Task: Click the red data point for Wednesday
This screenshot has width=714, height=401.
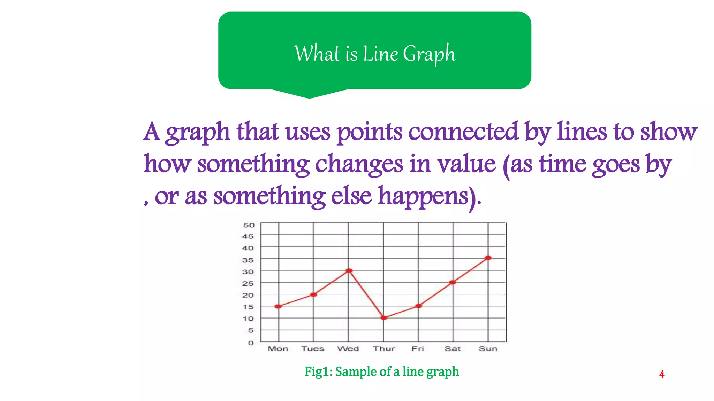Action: tap(349, 270)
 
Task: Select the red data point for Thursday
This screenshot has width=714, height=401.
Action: tap(384, 318)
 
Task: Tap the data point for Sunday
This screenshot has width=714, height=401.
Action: tap(488, 258)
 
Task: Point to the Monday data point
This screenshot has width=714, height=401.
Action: tap(278, 306)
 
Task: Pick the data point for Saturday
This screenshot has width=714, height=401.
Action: tap(453, 282)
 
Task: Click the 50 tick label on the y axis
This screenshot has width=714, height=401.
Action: tap(249, 225)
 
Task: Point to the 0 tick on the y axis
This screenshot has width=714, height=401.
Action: tap(251, 343)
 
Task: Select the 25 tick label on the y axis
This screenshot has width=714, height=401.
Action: tap(248, 283)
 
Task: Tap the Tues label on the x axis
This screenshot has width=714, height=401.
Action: tap(313, 349)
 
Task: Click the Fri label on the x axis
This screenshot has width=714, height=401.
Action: tap(418, 349)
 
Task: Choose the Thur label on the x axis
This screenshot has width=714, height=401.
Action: tap(384, 349)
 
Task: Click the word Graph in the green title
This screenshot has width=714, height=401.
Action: tap(429, 54)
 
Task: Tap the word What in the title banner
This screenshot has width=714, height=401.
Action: tap(317, 54)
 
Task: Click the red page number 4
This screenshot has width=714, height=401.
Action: tap(662, 375)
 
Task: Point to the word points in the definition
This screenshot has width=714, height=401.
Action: tap(369, 132)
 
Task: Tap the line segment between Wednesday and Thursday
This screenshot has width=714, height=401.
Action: tap(366, 294)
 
